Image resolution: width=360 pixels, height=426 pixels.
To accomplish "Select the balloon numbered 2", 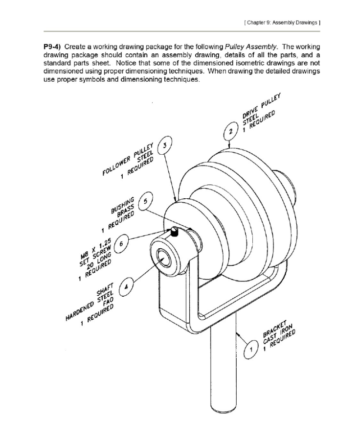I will (x=230, y=131).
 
